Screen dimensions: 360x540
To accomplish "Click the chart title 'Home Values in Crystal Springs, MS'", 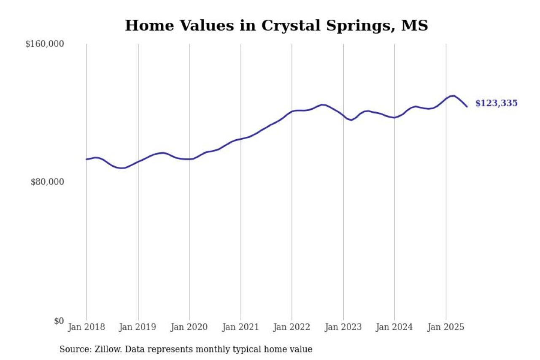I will [276, 26].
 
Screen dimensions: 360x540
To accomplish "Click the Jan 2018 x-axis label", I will [87, 328].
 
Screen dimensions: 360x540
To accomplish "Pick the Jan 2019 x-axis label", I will [138, 328].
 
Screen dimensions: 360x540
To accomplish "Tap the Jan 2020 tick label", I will [189, 328].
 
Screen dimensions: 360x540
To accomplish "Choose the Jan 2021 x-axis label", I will [241, 328].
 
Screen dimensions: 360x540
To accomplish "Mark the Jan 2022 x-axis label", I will [292, 328].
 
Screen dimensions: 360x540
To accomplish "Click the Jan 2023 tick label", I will [343, 328].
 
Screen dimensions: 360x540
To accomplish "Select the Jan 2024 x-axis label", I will [394, 328].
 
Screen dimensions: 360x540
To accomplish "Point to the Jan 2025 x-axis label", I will [446, 328].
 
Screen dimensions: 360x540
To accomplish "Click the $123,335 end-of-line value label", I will [496, 103].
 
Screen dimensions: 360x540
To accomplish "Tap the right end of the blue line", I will [467, 106].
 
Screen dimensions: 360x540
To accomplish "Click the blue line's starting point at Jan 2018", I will [87, 159].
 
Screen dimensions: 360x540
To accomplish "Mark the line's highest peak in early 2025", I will [454, 96].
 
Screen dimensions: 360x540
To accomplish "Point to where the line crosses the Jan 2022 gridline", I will [292, 111].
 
